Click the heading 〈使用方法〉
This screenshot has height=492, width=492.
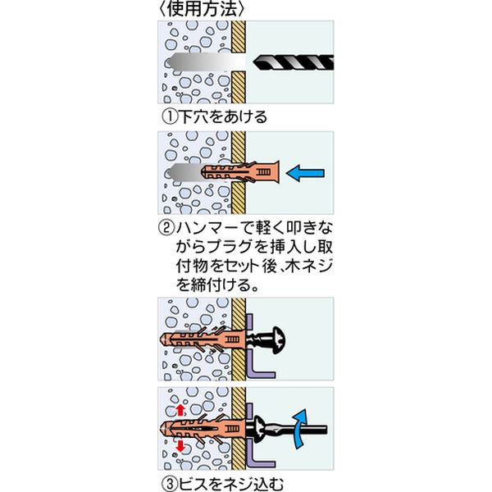coord(202,9)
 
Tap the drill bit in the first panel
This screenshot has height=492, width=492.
coord(294,62)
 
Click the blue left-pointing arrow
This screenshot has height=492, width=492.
coord(305,174)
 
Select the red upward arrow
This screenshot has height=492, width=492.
coord(180,409)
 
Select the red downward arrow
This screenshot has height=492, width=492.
coord(180,446)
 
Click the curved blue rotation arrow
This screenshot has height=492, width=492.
coord(299,429)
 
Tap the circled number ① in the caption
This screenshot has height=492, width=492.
coord(170,117)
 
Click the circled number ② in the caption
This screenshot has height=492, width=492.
coord(166,229)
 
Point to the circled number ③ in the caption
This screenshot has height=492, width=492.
coord(170,484)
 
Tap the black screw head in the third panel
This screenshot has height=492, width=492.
coord(278,340)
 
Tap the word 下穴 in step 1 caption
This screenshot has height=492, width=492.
coord(194,117)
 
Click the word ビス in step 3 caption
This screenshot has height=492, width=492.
coord(194,484)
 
